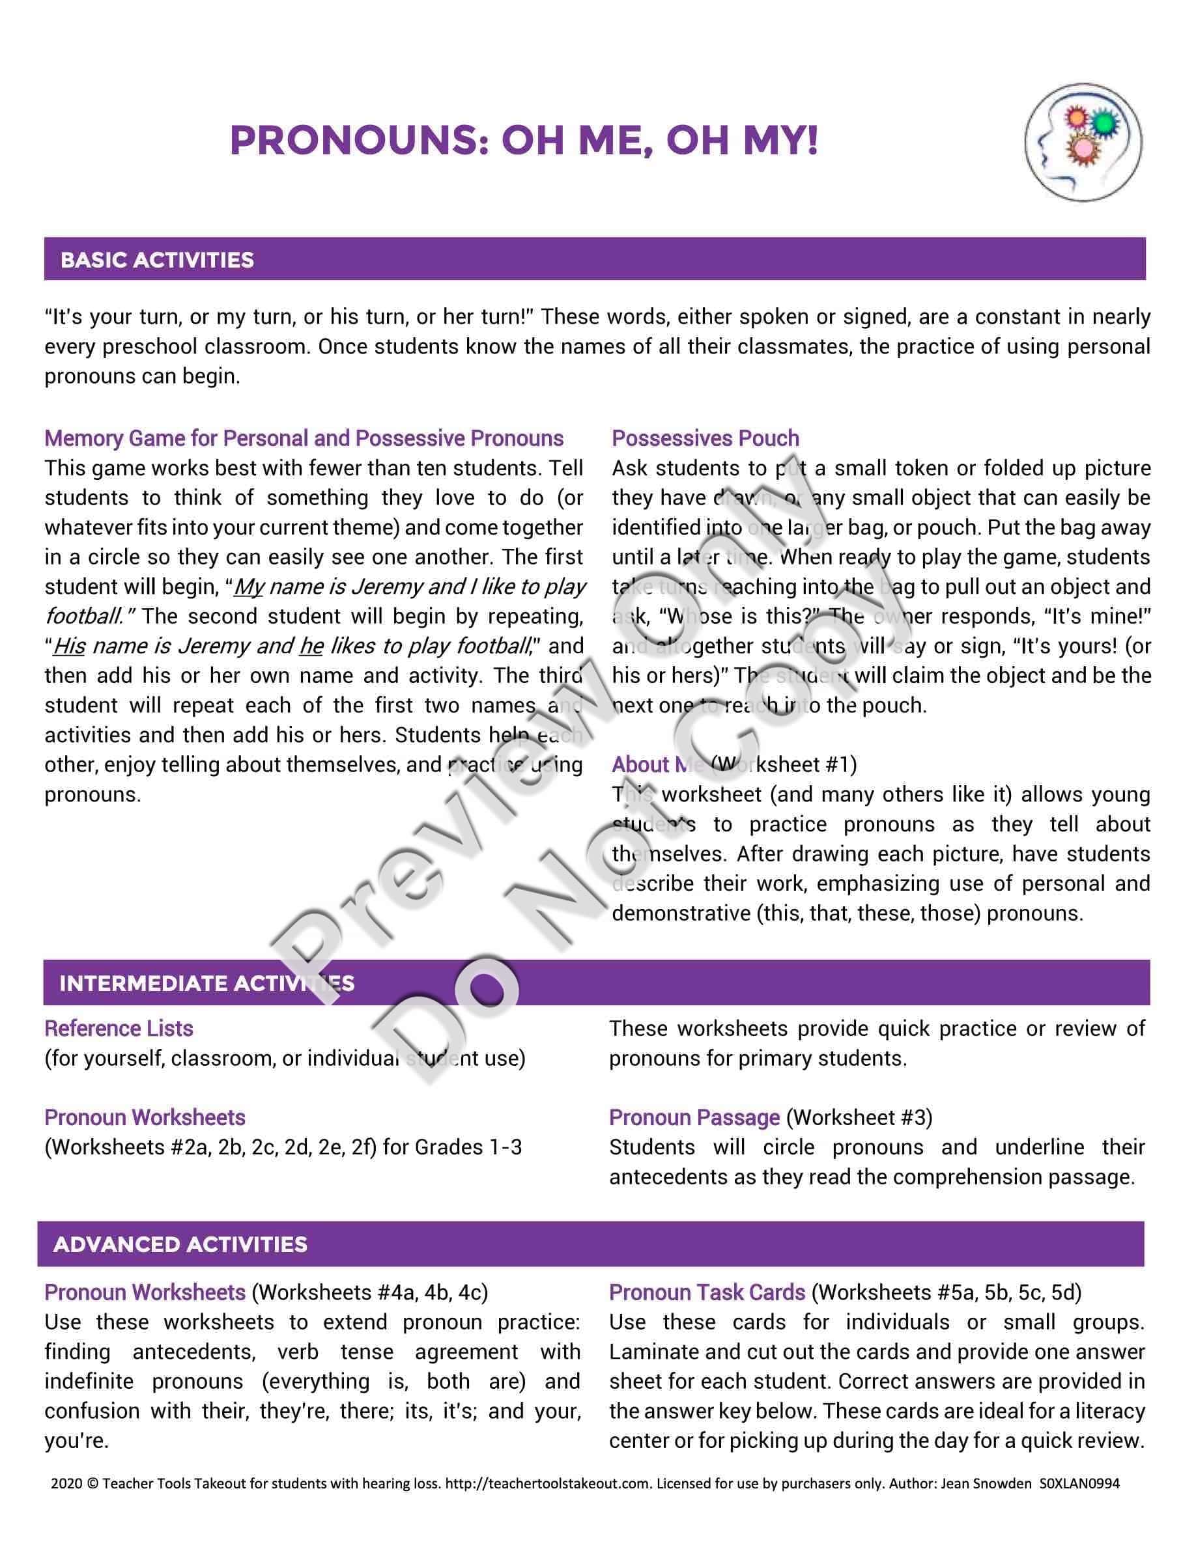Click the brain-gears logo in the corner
(x=1083, y=143)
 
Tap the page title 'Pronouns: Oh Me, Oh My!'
(x=524, y=140)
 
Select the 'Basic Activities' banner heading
(x=157, y=260)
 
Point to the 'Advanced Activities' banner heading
(x=180, y=1244)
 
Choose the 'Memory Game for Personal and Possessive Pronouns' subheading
(x=304, y=438)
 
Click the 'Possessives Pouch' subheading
(x=705, y=438)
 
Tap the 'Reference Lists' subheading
(x=119, y=1029)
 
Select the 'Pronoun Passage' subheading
(x=694, y=1118)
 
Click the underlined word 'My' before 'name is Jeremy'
(x=248, y=587)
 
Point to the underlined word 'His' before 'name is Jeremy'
(x=69, y=646)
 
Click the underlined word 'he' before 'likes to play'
(x=311, y=646)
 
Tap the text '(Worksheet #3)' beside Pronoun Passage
(x=859, y=1118)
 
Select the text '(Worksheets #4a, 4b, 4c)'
(x=370, y=1292)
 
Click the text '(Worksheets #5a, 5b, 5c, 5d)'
(x=947, y=1292)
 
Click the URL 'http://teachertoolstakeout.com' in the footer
(x=548, y=1483)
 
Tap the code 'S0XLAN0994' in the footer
(x=1080, y=1483)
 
